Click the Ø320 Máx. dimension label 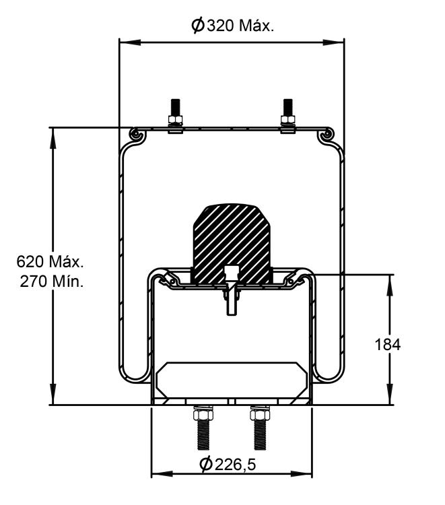pos(232,26)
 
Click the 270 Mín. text pos(51,281)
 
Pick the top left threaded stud pos(174,108)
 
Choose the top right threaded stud pos(288,108)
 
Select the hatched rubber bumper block pos(233,239)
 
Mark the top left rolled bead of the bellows pos(137,135)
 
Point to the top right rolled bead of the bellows pos(327,135)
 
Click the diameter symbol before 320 pos(197,26)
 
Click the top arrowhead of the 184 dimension pos(389,279)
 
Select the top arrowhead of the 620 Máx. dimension pos(52,131)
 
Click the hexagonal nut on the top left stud pos(174,121)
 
